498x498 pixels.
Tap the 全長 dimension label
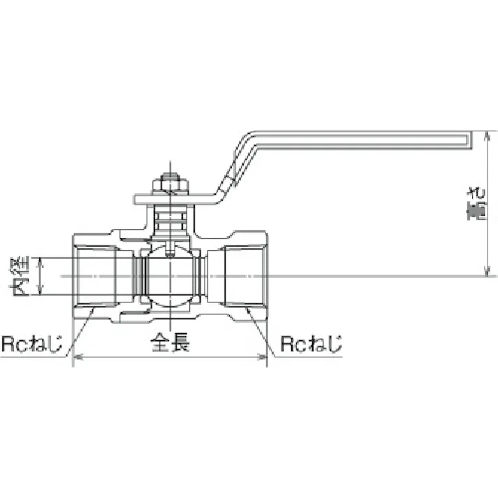click(170, 344)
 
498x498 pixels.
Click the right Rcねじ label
click(311, 344)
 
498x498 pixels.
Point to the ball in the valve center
click(170, 277)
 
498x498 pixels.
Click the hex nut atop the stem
click(170, 184)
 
